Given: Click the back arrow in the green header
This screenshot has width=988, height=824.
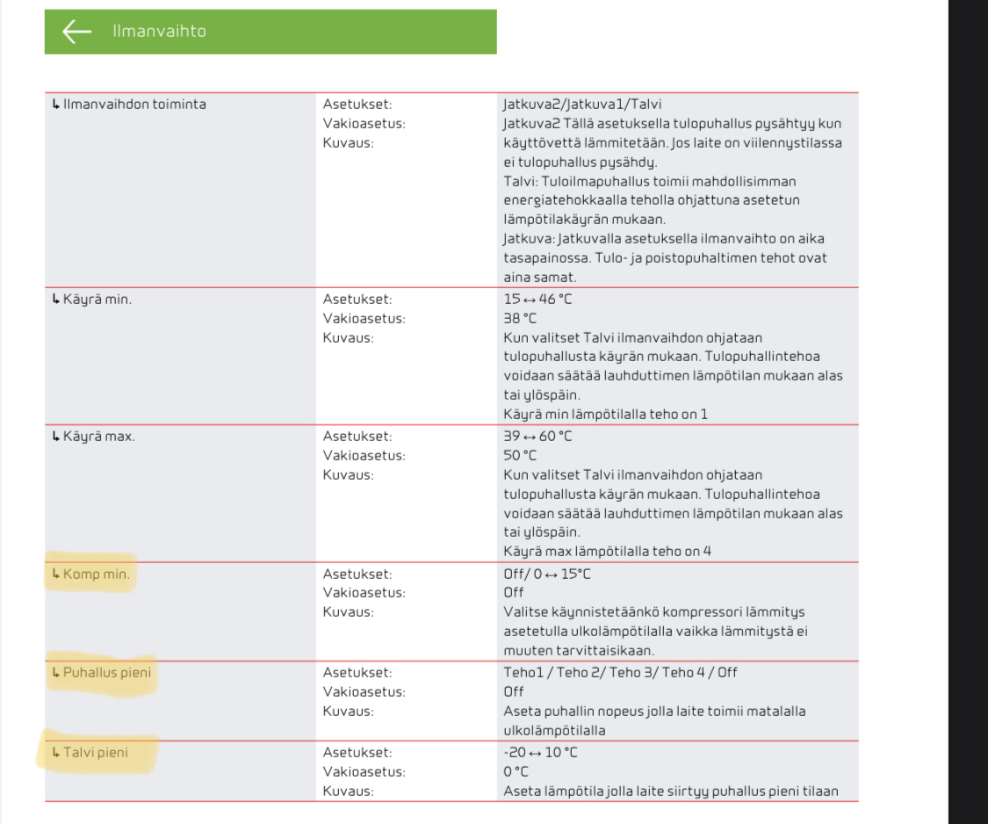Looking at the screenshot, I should click(77, 32).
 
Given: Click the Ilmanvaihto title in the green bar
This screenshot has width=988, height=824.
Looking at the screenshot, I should click(159, 32).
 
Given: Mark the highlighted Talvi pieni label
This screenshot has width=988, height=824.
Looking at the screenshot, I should click(98, 752).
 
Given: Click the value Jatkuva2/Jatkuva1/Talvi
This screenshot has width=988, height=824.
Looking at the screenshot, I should click(576, 105).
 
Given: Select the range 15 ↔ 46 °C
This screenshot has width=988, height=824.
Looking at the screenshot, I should click(537, 300).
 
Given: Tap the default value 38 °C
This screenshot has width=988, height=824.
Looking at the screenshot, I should click(520, 319).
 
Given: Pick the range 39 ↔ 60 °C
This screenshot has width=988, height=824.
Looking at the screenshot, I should click(537, 437).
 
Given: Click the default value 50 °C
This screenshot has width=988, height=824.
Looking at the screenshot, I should click(520, 456).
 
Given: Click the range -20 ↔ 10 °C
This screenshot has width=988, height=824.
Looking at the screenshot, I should click(540, 752).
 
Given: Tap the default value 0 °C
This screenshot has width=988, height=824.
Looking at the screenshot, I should click(516, 771).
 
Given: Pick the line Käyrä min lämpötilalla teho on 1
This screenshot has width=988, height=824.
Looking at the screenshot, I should click(605, 414).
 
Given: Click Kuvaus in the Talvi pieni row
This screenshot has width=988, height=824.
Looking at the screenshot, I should click(349, 791).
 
